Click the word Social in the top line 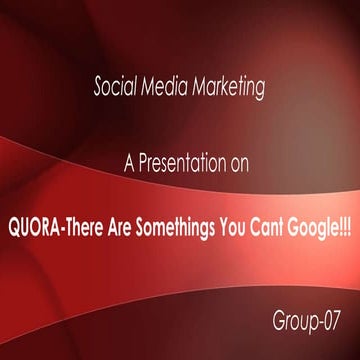click(115, 88)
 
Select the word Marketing click(228, 89)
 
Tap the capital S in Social click(98, 88)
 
